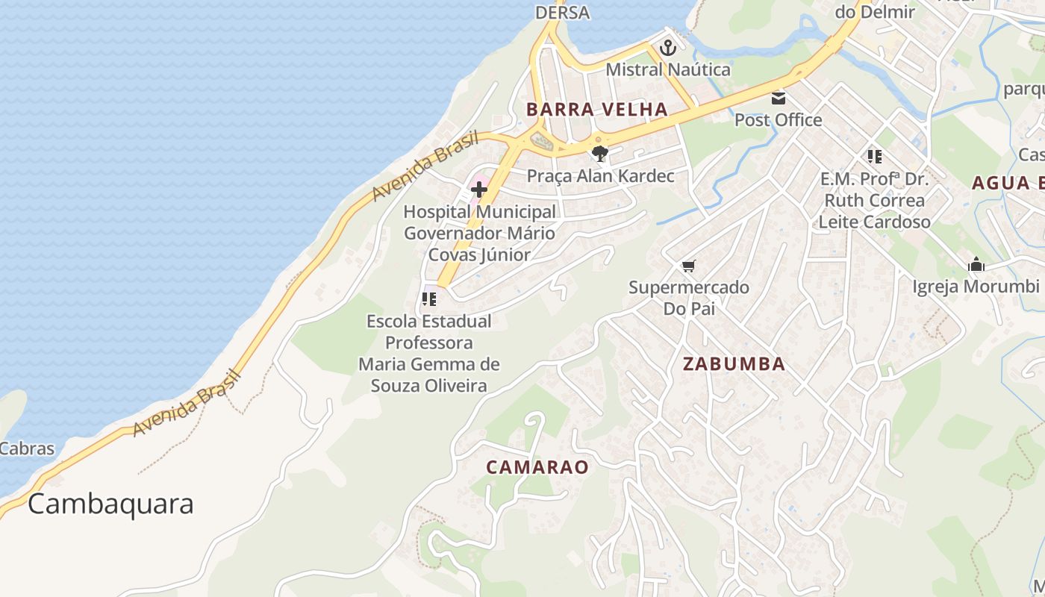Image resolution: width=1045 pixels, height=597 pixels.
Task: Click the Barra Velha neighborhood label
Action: tap(596, 109)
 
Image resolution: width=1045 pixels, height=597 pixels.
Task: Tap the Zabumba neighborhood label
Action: tap(734, 363)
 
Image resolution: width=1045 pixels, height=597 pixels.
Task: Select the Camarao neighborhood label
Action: tap(537, 467)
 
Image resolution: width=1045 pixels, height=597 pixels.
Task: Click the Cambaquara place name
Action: tap(110, 504)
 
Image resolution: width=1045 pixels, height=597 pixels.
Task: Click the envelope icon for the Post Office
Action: tap(779, 98)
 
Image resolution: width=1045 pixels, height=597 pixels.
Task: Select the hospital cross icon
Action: tap(479, 190)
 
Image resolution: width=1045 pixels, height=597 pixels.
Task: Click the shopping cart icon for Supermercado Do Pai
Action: tap(688, 266)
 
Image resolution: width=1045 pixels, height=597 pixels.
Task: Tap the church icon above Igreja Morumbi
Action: tap(976, 265)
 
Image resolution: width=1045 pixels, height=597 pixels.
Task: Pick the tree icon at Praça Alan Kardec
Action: tap(599, 154)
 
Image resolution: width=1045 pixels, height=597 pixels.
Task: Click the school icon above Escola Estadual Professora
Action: tap(429, 299)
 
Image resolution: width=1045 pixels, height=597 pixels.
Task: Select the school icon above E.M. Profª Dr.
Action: tap(874, 157)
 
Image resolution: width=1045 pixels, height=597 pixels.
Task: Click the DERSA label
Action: tap(562, 13)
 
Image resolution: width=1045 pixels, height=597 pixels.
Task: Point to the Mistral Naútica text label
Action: tap(667, 69)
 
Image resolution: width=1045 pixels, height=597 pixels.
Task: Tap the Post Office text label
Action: tap(778, 119)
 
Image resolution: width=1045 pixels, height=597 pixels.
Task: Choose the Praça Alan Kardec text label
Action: tap(600, 176)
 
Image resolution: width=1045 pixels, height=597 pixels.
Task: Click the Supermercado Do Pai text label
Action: tap(688, 298)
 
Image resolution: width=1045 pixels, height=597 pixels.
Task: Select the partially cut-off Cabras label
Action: tap(27, 448)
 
